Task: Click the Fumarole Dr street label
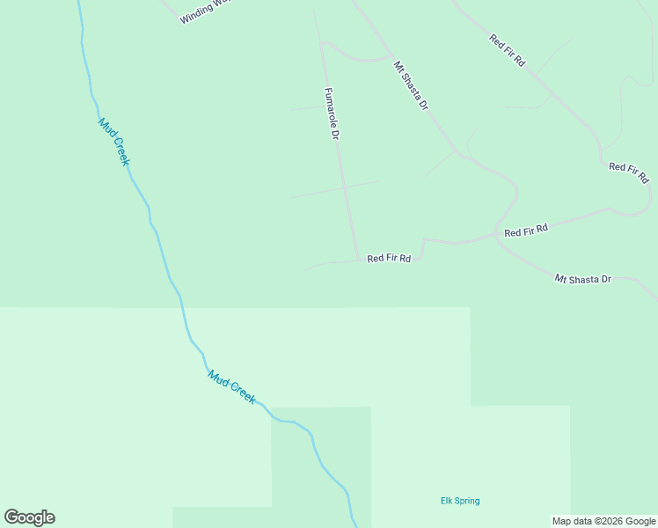click(x=333, y=114)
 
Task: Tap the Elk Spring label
click(x=460, y=502)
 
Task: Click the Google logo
click(x=29, y=517)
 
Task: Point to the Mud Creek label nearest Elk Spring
click(x=232, y=386)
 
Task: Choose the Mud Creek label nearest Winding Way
click(x=114, y=142)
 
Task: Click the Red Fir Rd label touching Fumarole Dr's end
click(x=389, y=259)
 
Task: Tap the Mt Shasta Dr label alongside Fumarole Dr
click(x=411, y=85)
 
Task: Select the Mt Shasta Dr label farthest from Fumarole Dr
click(x=582, y=279)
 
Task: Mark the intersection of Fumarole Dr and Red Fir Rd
click(x=358, y=260)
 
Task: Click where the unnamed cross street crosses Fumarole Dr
click(x=344, y=187)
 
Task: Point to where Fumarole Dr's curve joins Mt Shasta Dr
click(x=389, y=59)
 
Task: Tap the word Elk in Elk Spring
click(x=446, y=502)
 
